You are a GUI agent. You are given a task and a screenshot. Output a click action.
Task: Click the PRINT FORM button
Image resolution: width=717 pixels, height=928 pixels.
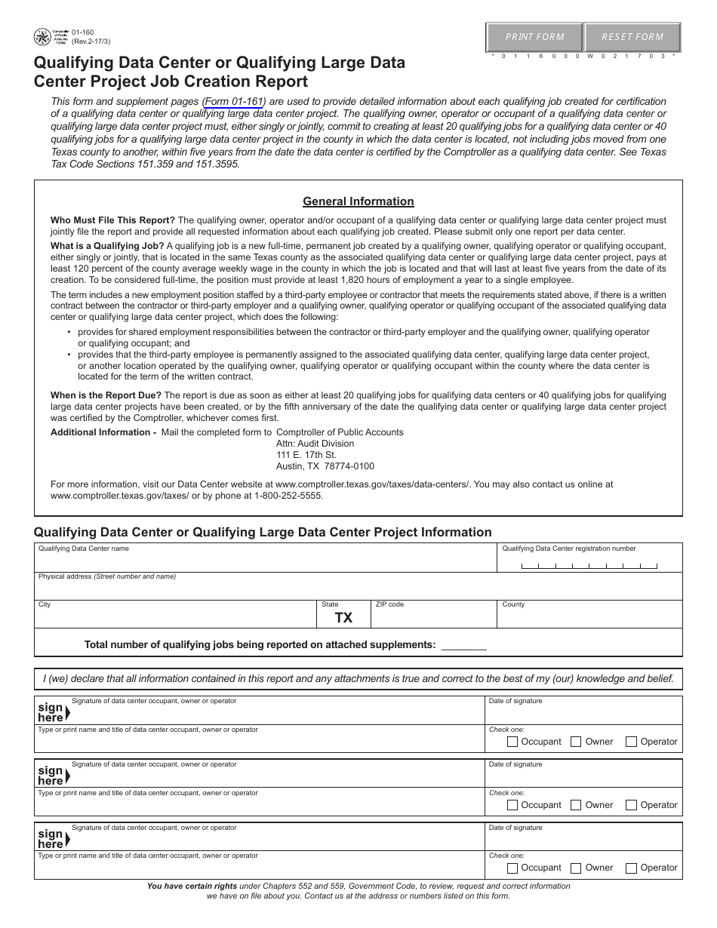[534, 37]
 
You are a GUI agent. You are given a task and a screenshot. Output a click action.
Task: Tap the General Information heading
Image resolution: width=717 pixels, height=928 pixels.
[358, 201]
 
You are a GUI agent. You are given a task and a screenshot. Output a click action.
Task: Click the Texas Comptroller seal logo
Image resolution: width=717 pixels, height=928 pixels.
[44, 36]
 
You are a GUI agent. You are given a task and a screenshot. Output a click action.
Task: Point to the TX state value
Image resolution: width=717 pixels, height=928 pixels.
[343, 618]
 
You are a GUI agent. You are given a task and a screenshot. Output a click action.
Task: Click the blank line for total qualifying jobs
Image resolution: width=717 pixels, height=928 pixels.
[463, 645]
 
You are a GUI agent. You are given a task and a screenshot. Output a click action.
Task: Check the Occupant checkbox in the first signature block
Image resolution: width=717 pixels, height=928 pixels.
[512, 742]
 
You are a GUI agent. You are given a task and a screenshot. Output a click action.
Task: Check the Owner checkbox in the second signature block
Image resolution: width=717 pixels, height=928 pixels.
[576, 805]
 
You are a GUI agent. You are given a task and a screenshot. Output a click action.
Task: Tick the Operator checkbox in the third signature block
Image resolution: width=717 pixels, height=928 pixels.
[631, 868]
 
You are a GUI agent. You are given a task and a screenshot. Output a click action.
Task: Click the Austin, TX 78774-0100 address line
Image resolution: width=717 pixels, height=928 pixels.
[325, 466]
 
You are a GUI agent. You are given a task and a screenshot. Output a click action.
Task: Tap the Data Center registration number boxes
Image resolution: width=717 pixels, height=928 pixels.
[589, 565]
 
